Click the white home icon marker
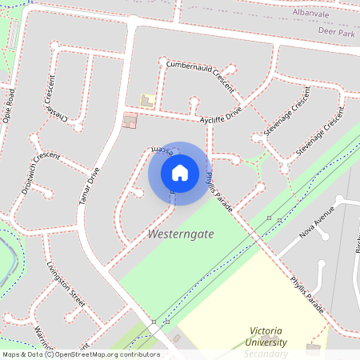pos(180,173)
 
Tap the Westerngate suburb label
pos(180,234)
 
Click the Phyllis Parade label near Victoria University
pos(307,295)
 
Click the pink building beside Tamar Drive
pos(130,120)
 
